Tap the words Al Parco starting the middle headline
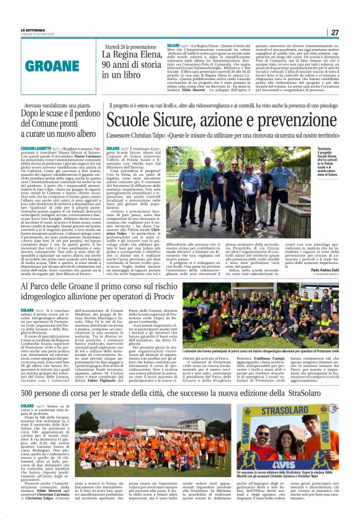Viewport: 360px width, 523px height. pos(55,287)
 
